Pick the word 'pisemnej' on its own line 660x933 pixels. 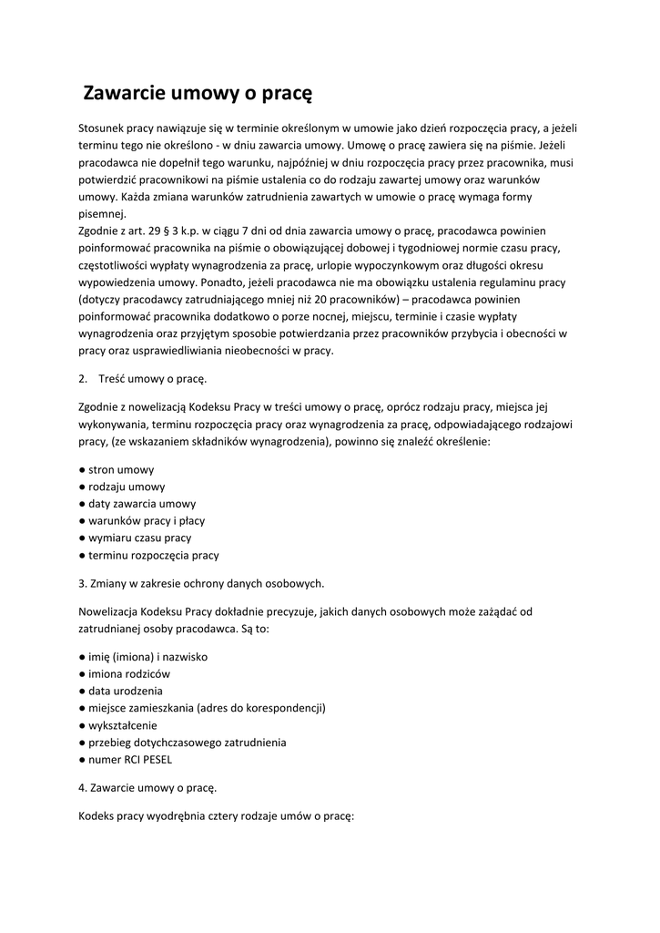point(102,213)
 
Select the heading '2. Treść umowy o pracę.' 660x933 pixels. point(143,378)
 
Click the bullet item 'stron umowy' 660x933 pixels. point(121,470)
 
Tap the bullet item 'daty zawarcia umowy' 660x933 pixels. point(142,504)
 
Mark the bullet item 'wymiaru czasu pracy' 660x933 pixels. point(139,538)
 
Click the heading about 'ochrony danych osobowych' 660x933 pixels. point(201,583)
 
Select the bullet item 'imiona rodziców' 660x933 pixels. point(129,674)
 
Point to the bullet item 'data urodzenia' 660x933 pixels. point(126,691)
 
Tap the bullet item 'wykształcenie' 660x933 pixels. point(122,725)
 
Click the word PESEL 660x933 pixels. point(156,759)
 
